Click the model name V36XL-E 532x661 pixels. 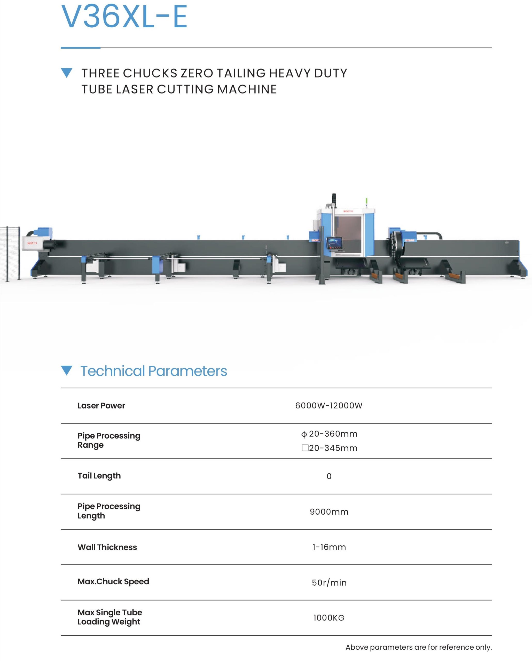coord(124,17)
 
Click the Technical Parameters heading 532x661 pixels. coord(154,371)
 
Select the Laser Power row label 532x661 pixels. coord(101,406)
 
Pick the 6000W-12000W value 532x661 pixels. coord(329,406)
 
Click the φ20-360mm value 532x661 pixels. coord(329,434)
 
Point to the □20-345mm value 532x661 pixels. coord(329,448)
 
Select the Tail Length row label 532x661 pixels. coord(99,476)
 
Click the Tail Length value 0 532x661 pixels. coord(329,476)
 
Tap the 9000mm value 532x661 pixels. coord(329,512)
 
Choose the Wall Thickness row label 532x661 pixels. coord(107,547)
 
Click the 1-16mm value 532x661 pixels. coord(329,547)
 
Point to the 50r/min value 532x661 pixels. coord(329,583)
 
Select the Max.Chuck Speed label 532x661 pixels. coord(113,581)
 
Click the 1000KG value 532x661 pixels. coord(329,618)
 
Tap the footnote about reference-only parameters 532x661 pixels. coord(419,647)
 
